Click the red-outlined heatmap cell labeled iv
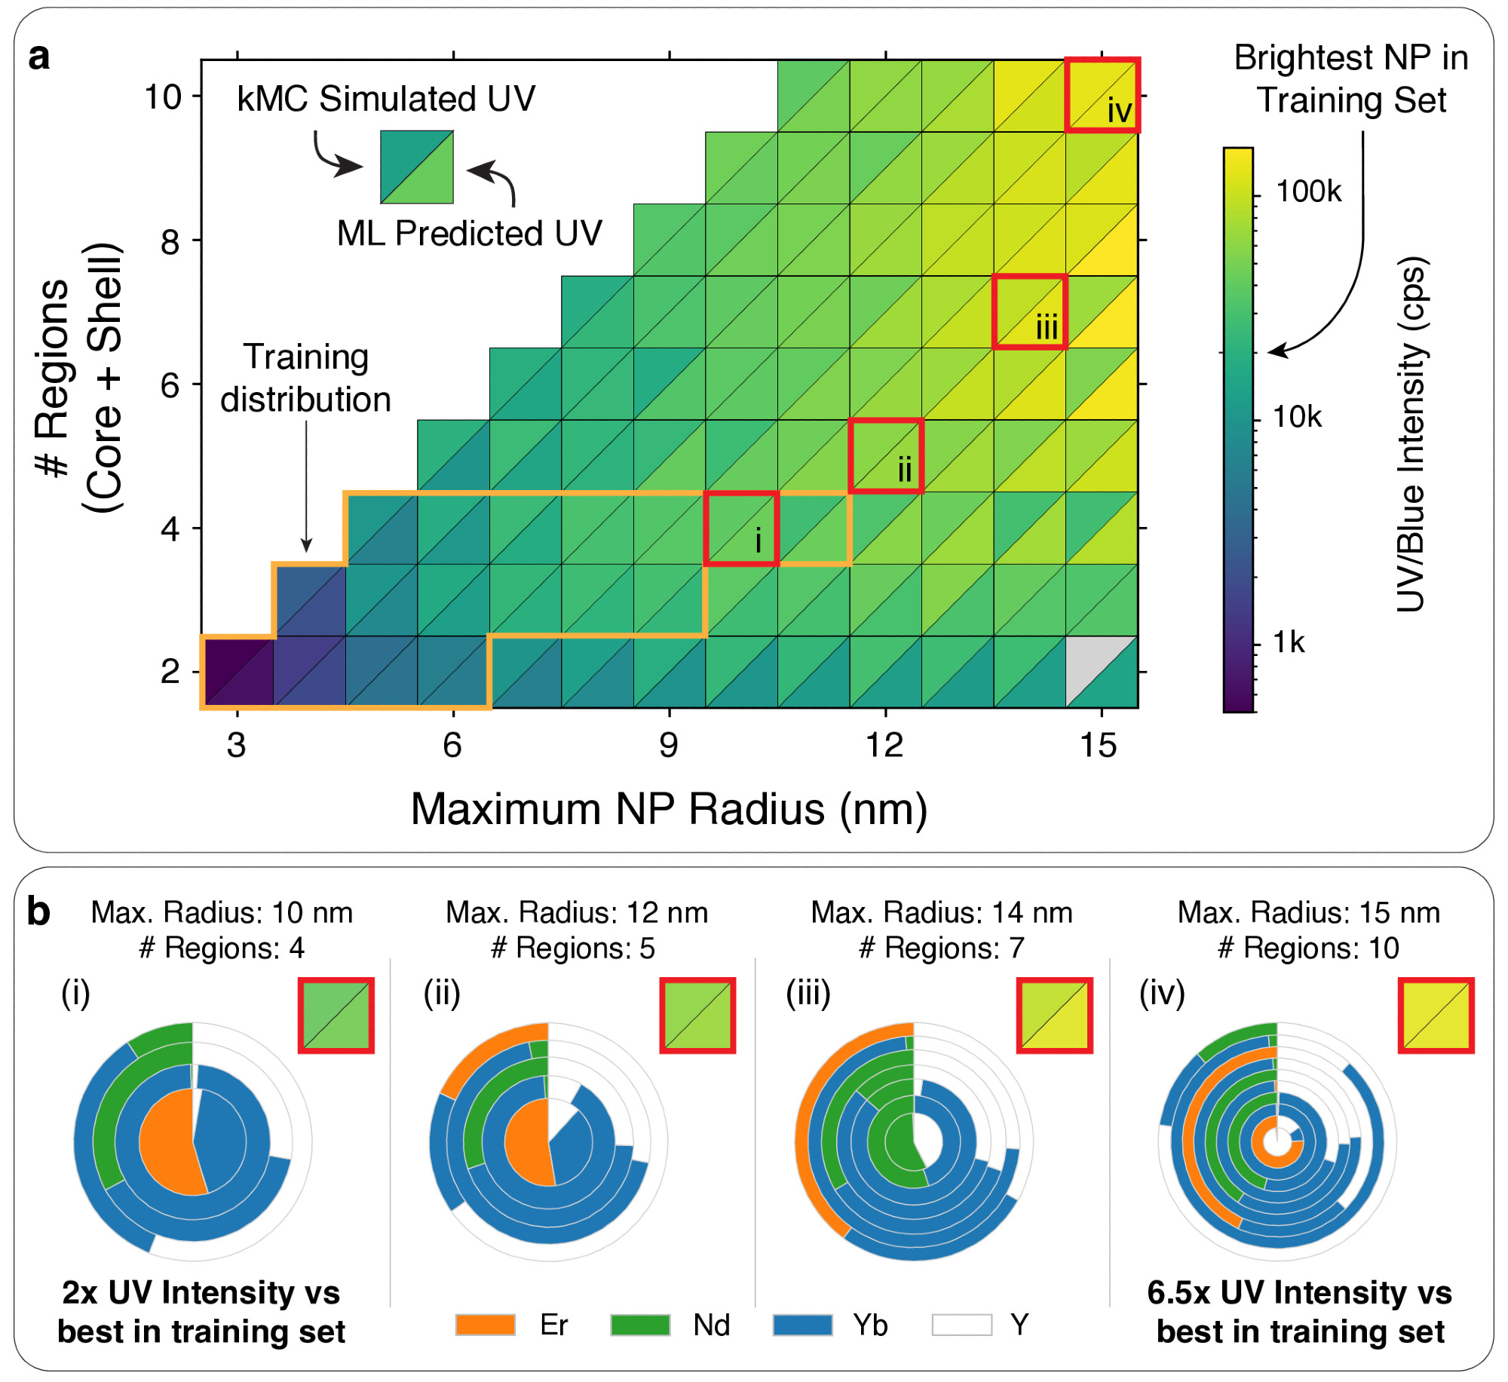click(x=1102, y=95)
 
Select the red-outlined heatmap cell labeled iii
click(x=1029, y=311)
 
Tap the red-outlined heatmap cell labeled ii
click(x=886, y=455)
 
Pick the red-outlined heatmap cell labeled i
click(x=741, y=528)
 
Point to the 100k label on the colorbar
click(x=1308, y=192)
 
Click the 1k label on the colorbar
click(x=1289, y=642)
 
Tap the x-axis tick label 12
click(x=884, y=746)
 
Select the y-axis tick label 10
click(x=163, y=97)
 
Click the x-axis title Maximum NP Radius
click(x=668, y=810)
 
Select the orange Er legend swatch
click(x=485, y=1325)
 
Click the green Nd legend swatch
click(x=640, y=1325)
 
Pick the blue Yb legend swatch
click(x=802, y=1325)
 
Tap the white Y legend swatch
click(x=961, y=1325)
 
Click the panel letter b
click(x=38, y=912)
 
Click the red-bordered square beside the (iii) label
click(x=1054, y=1015)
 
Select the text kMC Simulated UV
click(x=385, y=99)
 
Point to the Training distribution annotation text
click(x=305, y=378)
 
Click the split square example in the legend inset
click(x=416, y=167)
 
